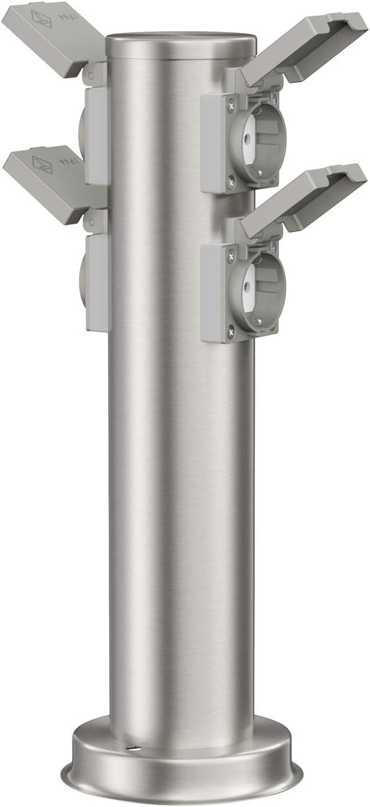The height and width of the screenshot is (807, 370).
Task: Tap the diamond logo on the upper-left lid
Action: (x=40, y=18)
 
